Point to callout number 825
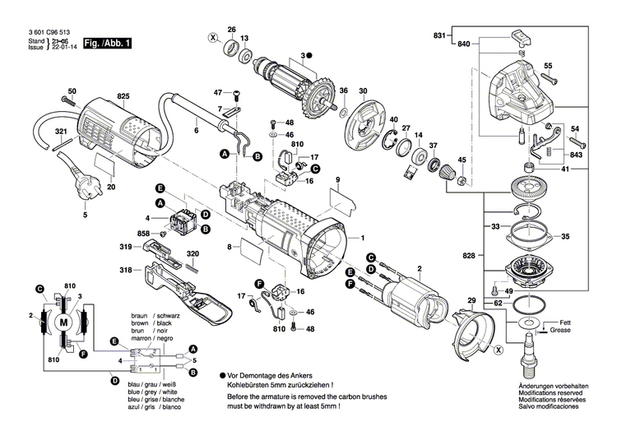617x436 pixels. point(123,98)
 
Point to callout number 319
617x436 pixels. point(125,247)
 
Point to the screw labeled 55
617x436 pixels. point(553,79)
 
